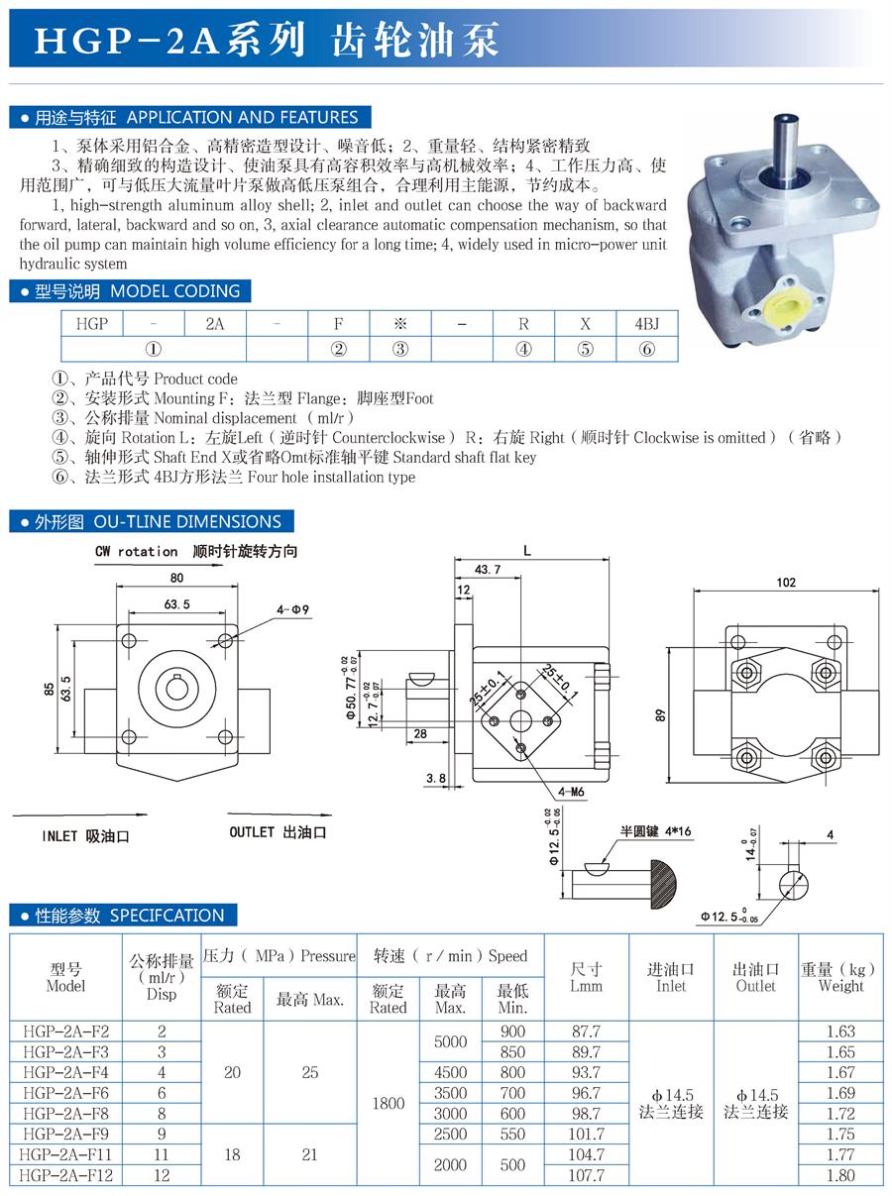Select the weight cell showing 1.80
840,1175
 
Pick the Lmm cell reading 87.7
587,1032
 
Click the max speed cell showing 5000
450,1041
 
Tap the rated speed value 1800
388,1103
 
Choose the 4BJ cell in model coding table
646,324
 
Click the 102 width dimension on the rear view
785,583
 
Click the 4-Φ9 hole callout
294,609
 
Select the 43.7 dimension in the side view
488,570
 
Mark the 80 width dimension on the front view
176,578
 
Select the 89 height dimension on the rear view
661,714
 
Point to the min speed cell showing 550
512,1134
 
